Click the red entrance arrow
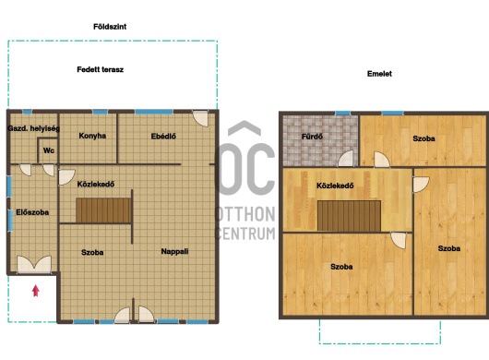point(36,291)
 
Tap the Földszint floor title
point(110,27)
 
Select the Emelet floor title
point(379,74)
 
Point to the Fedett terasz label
point(101,69)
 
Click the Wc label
point(49,150)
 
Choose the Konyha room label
point(92,136)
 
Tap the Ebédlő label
point(163,137)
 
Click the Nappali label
point(174,251)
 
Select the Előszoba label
point(32,212)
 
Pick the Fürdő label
point(312,137)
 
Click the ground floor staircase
point(103,210)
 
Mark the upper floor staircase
point(349,216)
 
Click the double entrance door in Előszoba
point(34,265)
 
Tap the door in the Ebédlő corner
point(200,118)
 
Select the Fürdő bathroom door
point(346,159)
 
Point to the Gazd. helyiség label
point(34,128)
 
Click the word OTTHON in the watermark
point(245,214)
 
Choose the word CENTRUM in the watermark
point(245,234)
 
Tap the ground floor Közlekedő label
point(96,184)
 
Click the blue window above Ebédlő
point(154,112)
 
